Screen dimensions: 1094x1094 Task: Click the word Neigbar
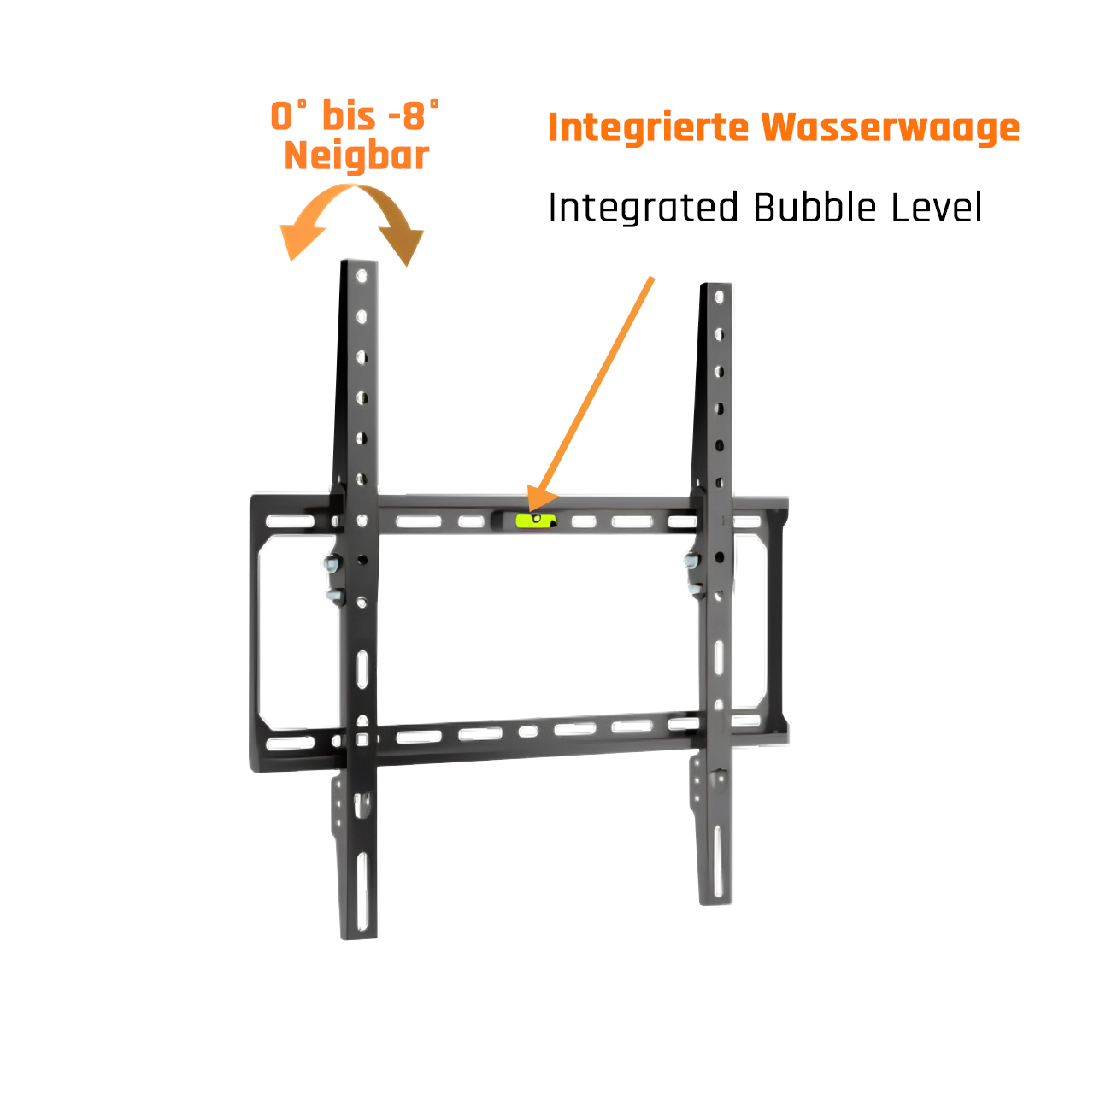pyautogui.click(x=356, y=156)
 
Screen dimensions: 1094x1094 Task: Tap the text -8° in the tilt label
pyautogui.click(x=414, y=116)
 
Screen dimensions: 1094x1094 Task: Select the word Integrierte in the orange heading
pyautogui.click(x=649, y=127)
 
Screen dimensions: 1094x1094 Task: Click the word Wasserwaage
pyautogui.click(x=891, y=127)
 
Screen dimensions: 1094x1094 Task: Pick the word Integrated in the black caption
pyautogui.click(x=643, y=208)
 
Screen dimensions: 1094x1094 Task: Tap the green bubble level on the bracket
pyautogui.click(x=535, y=520)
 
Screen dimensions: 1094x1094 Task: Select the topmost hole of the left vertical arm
pyautogui.click(x=362, y=277)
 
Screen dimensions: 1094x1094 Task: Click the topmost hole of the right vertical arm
pyautogui.click(x=720, y=297)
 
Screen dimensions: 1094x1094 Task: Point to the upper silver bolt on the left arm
pyautogui.click(x=332, y=563)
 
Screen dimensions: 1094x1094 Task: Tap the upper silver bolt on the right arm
pyautogui.click(x=691, y=561)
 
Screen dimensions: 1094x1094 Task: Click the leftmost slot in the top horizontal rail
pyautogui.click(x=290, y=521)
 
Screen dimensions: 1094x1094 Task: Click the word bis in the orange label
pyautogui.click(x=349, y=116)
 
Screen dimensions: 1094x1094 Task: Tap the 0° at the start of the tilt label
pyautogui.click(x=287, y=116)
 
